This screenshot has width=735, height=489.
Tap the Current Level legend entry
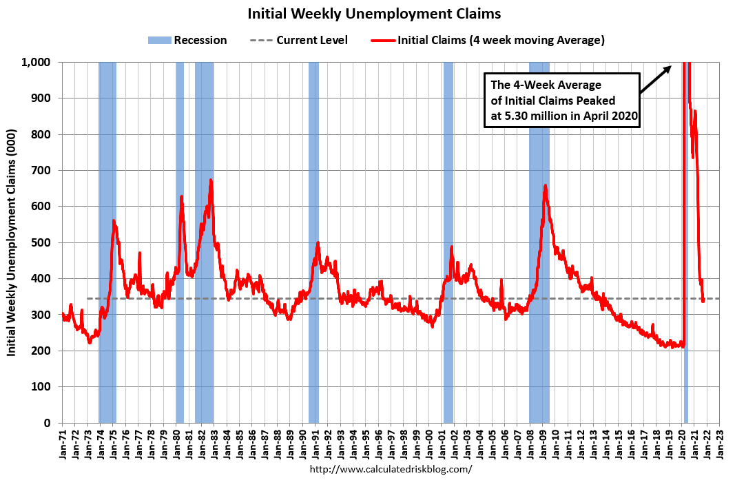pyautogui.click(x=298, y=40)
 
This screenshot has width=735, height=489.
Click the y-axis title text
pyautogui.click(x=12, y=242)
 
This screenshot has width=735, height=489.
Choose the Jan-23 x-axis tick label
pyautogui.click(x=720, y=444)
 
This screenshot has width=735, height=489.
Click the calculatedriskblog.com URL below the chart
pyautogui.click(x=391, y=469)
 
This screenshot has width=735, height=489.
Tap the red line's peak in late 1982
pyautogui.click(x=211, y=180)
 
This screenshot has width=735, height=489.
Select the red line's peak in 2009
pyautogui.click(x=545, y=185)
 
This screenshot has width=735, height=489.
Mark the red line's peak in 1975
pyautogui.click(x=114, y=221)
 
